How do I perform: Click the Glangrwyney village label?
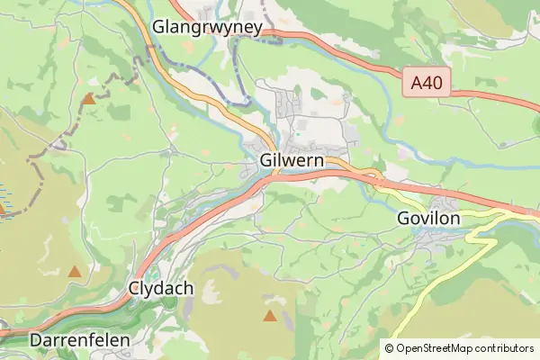[x=207, y=27]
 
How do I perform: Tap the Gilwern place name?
[x=290, y=160]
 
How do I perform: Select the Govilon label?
[x=428, y=219]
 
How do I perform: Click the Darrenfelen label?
[x=80, y=341]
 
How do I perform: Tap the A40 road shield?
[x=426, y=84]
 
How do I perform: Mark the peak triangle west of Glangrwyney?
[x=88, y=99]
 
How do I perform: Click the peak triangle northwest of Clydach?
[x=75, y=271]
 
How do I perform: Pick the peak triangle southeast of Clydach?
[x=269, y=315]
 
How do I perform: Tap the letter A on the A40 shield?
[x=417, y=84]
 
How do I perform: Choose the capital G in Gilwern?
[x=265, y=160]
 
